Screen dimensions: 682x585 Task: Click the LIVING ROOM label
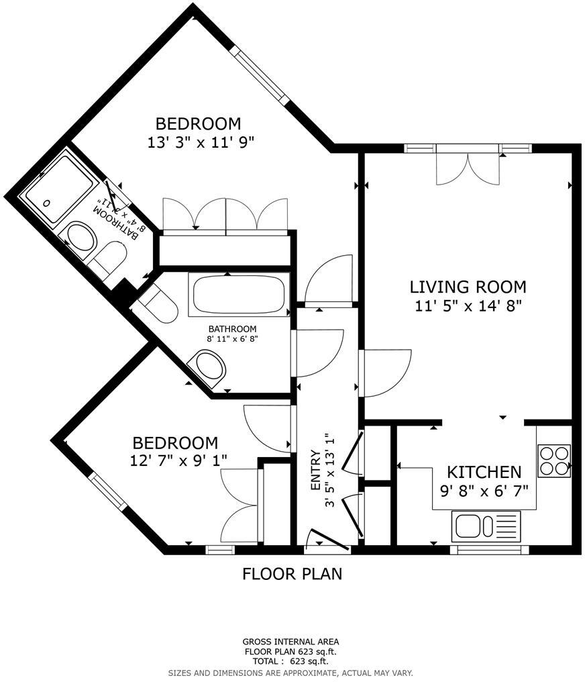[468, 287]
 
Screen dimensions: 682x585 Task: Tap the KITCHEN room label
[484, 472]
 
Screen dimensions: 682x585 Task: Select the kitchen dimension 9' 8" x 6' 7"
[484, 491]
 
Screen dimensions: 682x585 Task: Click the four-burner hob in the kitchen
[554, 460]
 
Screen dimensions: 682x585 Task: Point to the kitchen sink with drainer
[486, 526]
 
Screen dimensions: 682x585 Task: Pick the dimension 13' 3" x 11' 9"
[198, 142]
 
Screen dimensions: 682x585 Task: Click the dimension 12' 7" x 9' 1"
[175, 460]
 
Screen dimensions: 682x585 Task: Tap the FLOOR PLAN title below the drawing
[292, 574]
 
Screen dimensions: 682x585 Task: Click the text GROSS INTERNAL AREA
[290, 642]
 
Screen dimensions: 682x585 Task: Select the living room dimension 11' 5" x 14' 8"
[468, 305]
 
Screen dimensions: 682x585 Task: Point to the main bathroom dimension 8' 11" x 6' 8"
[232, 339]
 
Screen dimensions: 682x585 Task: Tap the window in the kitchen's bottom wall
[489, 550]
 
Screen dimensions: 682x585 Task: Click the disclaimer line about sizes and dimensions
[290, 672]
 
